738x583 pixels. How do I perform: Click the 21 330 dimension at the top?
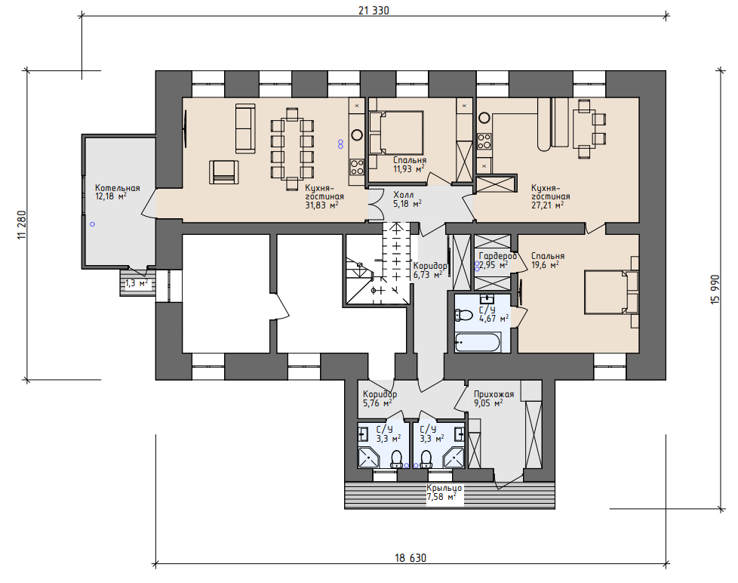374,11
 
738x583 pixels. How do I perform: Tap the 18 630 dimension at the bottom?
411,558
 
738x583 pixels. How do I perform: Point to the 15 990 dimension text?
715,289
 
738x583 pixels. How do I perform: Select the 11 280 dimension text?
22,225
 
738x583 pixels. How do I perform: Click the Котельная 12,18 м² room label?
117,192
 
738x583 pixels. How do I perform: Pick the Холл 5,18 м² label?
407,199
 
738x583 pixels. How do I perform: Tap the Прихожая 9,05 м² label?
494,399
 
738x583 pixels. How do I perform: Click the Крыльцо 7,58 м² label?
444,492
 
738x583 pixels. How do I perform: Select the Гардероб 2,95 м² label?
497,261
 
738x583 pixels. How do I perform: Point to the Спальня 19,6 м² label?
548,260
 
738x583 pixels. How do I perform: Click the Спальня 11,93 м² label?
410,165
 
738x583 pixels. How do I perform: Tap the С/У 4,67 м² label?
494,314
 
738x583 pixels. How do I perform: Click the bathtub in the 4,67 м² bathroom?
477,342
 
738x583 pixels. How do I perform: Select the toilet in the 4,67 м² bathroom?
464,315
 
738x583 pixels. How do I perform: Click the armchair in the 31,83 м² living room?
224,172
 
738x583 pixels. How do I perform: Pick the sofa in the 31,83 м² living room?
245,128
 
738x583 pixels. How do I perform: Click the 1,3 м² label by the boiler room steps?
137,283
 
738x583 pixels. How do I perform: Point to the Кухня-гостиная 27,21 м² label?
550,196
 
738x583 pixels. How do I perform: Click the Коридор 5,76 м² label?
380,399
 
